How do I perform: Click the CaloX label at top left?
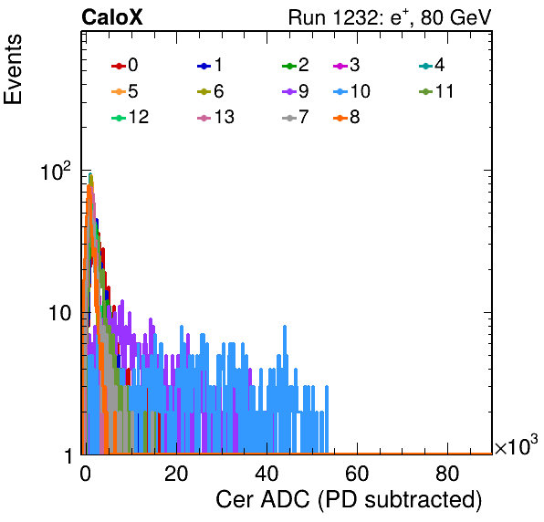pos(111,17)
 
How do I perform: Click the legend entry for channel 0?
pos(124,65)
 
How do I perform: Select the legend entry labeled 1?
pos(210,65)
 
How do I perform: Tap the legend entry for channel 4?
pos(432,65)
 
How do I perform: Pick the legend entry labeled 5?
pos(124,91)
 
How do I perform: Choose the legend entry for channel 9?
pos(296,91)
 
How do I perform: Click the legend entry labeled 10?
pos(351,91)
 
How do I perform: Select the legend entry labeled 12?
pos(131,117)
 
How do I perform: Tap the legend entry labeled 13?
pos(215,117)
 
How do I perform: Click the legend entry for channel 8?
pos(346,117)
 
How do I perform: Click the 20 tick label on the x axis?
pos(176,474)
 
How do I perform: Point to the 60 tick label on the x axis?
pos(357,474)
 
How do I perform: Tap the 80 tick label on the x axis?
pos(447,474)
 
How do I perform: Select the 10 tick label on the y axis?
pos(60,314)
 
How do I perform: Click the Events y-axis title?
pos(13,69)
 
